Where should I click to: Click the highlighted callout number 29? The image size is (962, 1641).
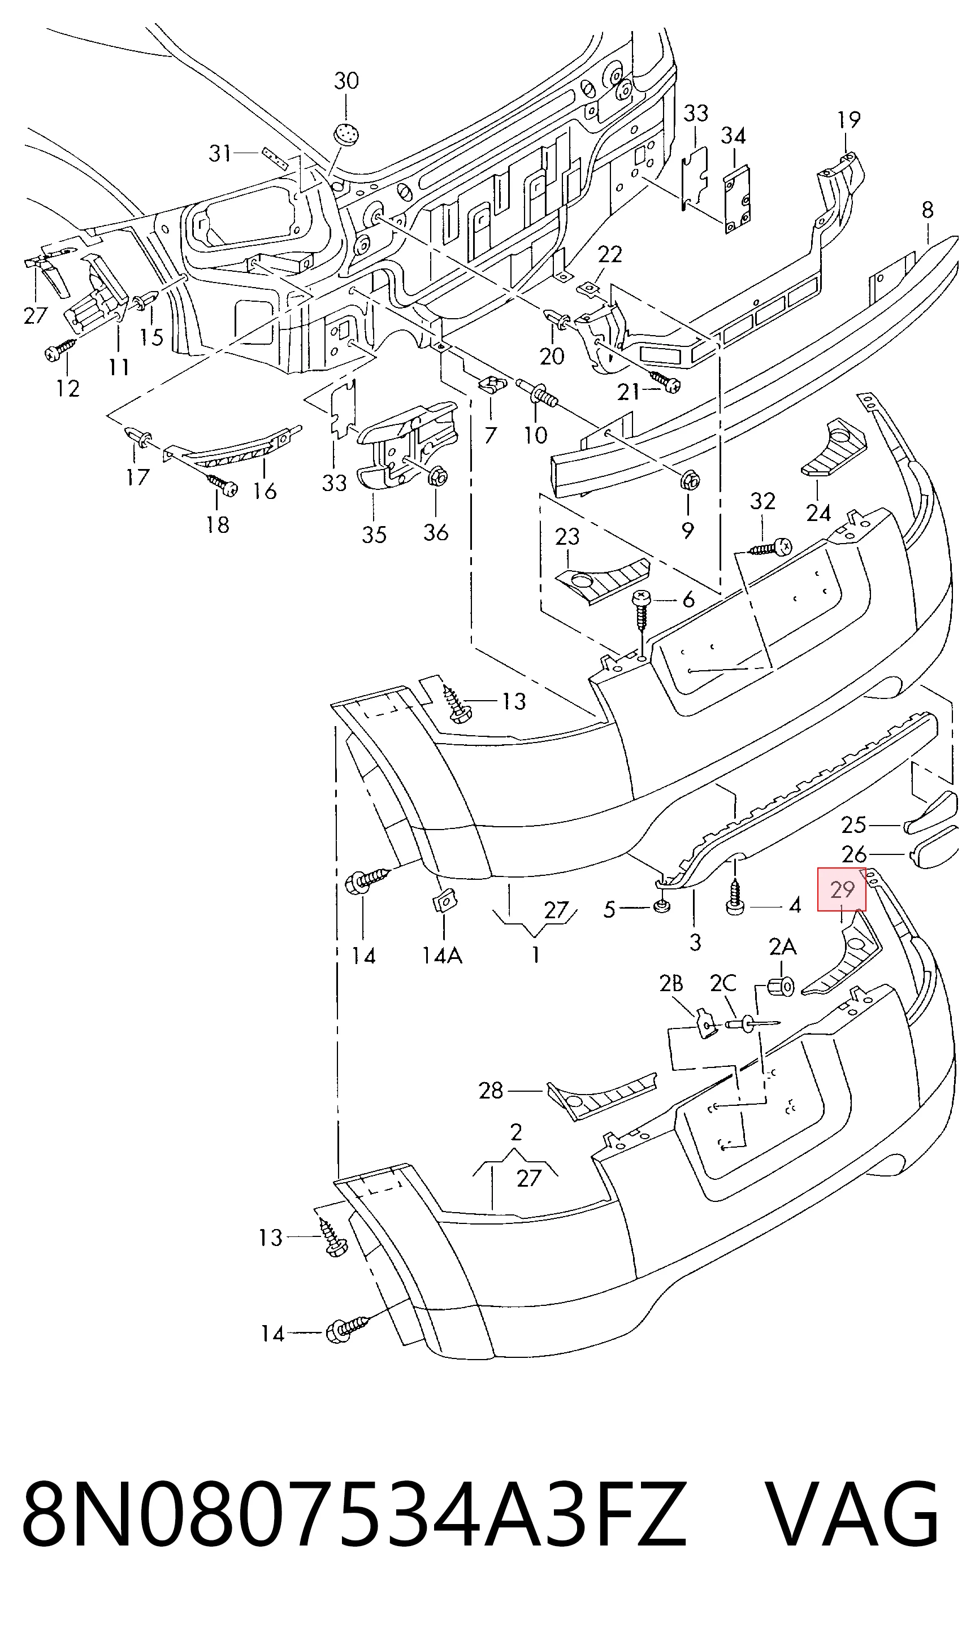point(842,889)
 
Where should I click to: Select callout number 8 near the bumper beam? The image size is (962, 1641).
point(928,210)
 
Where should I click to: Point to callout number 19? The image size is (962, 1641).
point(848,120)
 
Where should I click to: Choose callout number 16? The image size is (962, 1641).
point(265,490)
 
